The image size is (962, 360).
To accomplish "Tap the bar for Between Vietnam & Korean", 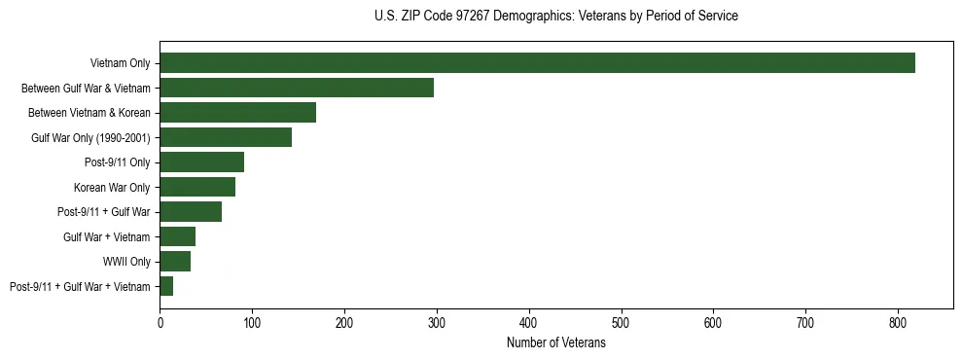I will (237, 113).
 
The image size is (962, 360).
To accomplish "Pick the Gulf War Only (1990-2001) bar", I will (226, 137).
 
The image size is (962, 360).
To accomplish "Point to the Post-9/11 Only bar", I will (201, 162).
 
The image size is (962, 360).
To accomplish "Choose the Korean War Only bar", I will (197, 187).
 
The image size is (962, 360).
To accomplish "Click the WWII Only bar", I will (175, 261).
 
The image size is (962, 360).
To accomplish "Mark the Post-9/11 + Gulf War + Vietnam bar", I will (166, 286).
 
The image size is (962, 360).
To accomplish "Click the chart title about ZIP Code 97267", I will (555, 17).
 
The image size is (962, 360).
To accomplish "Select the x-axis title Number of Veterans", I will (555, 343).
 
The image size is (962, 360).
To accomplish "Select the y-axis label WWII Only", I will (126, 262).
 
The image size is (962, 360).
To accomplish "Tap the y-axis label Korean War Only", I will (112, 187).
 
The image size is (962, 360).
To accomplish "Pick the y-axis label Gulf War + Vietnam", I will (106, 236).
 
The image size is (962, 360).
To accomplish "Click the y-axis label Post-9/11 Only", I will (118, 162).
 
